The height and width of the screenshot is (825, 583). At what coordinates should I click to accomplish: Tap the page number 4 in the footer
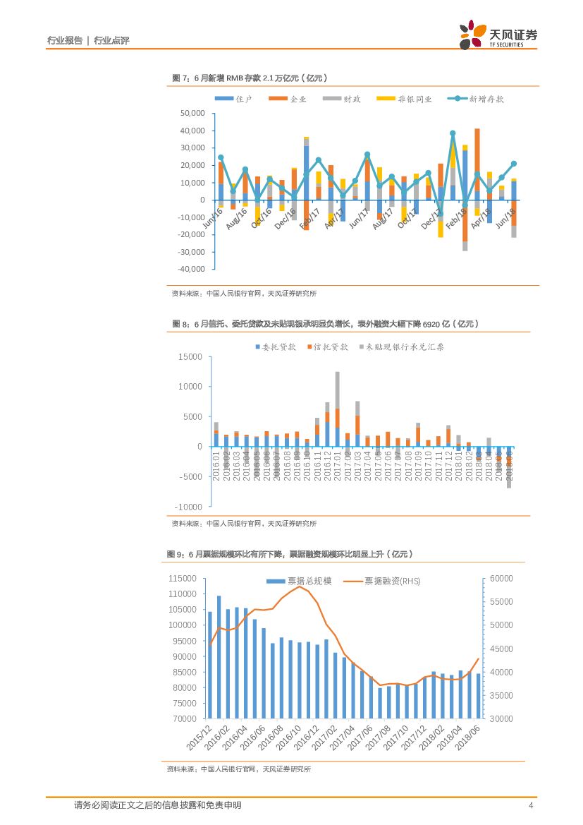tap(530, 805)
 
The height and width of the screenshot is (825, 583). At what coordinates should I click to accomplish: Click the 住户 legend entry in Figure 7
tap(234, 100)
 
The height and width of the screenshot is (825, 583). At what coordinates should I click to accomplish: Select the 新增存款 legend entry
tap(478, 100)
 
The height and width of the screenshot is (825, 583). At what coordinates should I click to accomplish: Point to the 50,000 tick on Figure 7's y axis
tap(192, 113)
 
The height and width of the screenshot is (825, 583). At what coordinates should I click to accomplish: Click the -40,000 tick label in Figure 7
tap(191, 269)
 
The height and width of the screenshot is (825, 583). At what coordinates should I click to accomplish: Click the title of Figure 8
tap(326, 324)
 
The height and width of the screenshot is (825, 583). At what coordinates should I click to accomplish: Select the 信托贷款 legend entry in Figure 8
tap(327, 347)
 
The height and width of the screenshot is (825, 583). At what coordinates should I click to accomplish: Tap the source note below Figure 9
tap(238, 769)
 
